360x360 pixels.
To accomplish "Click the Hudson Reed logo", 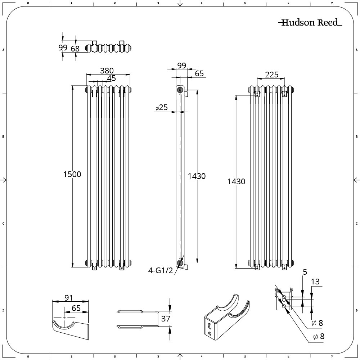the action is (x=310, y=22).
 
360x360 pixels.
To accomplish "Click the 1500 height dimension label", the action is (x=72, y=174).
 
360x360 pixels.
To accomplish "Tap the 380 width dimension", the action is (x=107, y=71).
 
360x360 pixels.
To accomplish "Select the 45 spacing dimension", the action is (x=112, y=78).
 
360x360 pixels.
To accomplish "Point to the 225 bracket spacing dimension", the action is (x=271, y=75).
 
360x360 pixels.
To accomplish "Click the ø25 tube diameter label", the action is (x=162, y=107).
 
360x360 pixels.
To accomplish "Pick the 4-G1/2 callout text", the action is (x=160, y=271).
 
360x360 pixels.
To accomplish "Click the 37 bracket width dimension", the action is (x=166, y=319).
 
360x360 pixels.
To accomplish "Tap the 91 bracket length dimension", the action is (x=69, y=298).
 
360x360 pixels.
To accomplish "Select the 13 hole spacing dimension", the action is (x=315, y=282).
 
